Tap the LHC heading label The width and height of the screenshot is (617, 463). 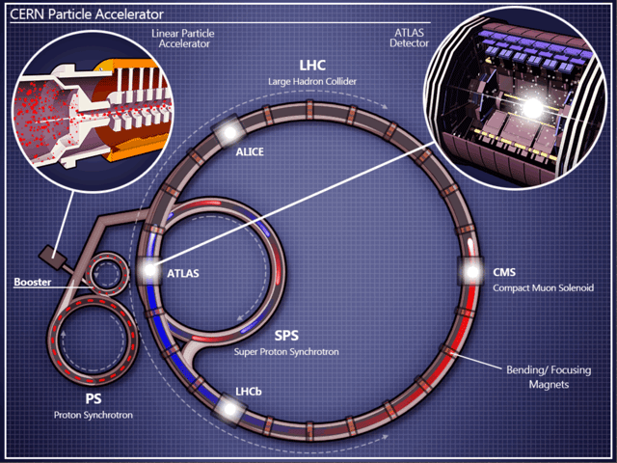click(x=311, y=66)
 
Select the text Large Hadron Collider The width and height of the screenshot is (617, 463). click(x=311, y=83)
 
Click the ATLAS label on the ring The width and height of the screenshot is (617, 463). click(x=183, y=273)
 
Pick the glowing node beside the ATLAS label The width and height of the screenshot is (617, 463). click(x=149, y=273)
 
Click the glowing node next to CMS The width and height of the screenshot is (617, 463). click(x=472, y=273)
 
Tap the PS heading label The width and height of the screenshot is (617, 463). click(x=94, y=398)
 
